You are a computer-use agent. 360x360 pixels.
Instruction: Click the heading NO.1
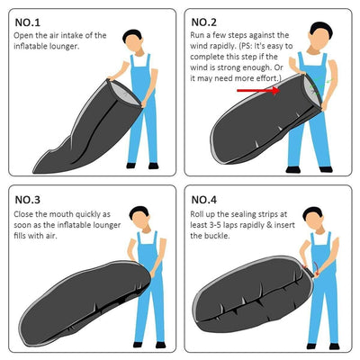(x=27, y=22)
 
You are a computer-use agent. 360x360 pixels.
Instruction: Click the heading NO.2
(x=203, y=22)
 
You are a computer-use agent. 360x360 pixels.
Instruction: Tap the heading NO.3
(x=27, y=200)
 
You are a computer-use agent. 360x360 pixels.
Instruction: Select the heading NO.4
(x=203, y=200)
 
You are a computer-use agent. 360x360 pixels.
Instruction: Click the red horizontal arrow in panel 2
(x=258, y=90)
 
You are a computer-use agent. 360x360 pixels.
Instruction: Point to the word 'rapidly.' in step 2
(x=222, y=46)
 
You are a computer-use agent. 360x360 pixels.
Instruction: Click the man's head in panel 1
(x=133, y=40)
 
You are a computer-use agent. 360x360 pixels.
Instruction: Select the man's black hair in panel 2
(x=321, y=29)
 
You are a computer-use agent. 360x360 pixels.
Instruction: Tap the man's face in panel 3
(x=139, y=220)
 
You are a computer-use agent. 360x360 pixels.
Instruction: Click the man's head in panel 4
(x=313, y=218)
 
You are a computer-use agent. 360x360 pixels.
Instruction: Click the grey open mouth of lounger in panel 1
(x=124, y=94)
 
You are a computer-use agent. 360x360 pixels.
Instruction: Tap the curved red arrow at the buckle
(x=316, y=269)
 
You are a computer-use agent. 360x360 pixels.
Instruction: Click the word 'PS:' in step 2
(x=247, y=47)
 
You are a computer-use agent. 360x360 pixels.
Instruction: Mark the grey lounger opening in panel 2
(x=311, y=89)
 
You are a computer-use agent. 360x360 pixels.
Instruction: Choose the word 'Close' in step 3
(x=23, y=214)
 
